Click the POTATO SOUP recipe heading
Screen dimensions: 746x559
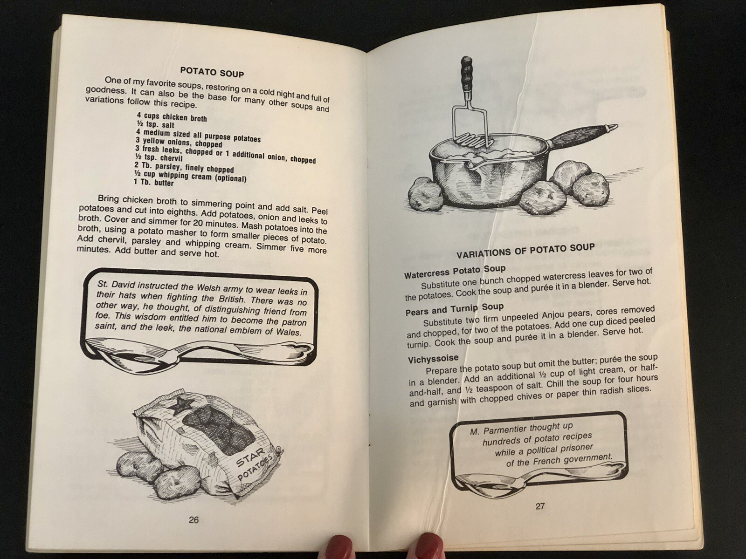tap(212, 72)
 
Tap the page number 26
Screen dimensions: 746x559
tap(193, 519)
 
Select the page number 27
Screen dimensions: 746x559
tap(540, 506)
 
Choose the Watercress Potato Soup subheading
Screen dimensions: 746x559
tap(455, 272)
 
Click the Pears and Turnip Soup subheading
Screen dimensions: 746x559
tap(455, 309)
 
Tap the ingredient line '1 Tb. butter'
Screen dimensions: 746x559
tap(153, 182)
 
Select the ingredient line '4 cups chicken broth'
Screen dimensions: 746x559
tap(172, 117)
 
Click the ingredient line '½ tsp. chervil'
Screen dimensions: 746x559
tap(159, 157)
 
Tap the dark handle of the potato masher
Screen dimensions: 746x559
tap(464, 72)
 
